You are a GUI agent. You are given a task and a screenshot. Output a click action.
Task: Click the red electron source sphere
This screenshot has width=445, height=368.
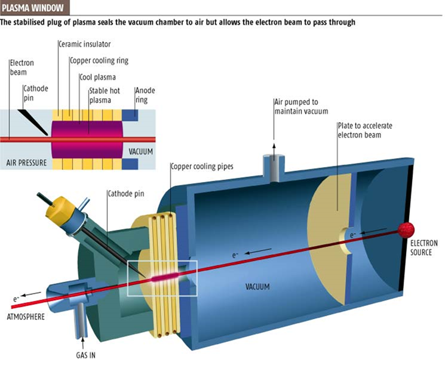406,229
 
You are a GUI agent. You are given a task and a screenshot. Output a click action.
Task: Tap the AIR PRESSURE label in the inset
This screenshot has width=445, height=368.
27,162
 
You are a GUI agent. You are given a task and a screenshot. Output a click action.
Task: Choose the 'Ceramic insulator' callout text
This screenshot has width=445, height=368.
84,44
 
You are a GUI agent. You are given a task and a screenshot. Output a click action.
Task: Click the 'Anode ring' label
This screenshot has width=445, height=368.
146,95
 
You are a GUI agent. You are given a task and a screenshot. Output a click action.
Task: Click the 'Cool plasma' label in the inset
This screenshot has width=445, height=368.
98,76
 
